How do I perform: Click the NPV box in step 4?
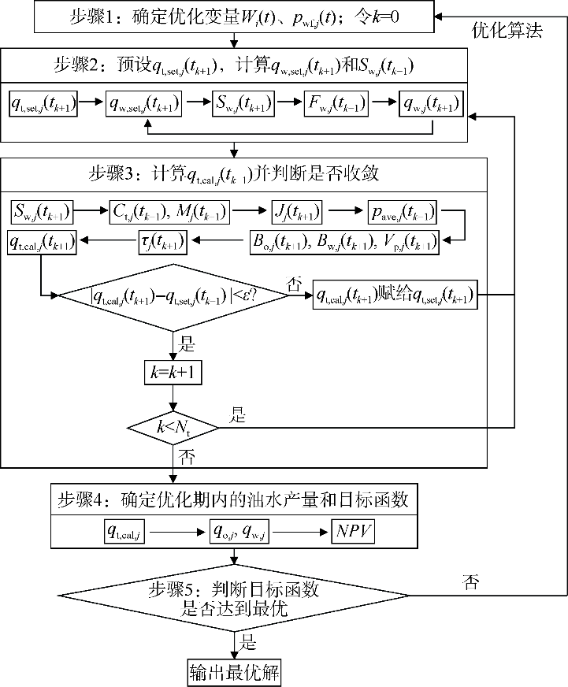pyautogui.click(x=352, y=532)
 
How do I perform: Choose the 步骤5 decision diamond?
pyautogui.click(x=234, y=597)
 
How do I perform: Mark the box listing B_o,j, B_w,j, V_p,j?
pyautogui.click(x=341, y=241)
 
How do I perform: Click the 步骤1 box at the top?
pyautogui.click(x=234, y=14)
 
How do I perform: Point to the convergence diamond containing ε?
pyautogui.click(x=174, y=295)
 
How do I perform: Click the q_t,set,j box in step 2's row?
pyautogui.click(x=44, y=104)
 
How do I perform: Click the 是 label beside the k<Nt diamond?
pyautogui.click(x=238, y=415)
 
